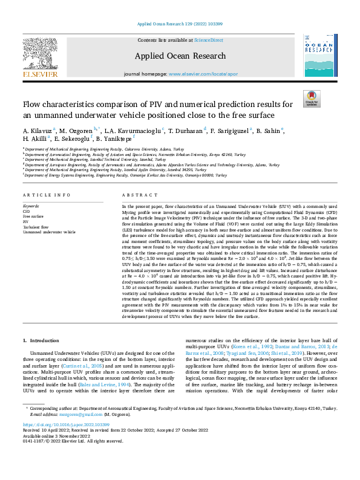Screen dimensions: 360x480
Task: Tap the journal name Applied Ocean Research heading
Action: tap(180, 56)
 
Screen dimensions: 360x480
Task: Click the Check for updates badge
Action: tap(312, 99)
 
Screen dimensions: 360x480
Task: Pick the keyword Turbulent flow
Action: tap(35, 227)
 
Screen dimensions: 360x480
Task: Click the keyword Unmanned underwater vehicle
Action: tap(49, 232)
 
